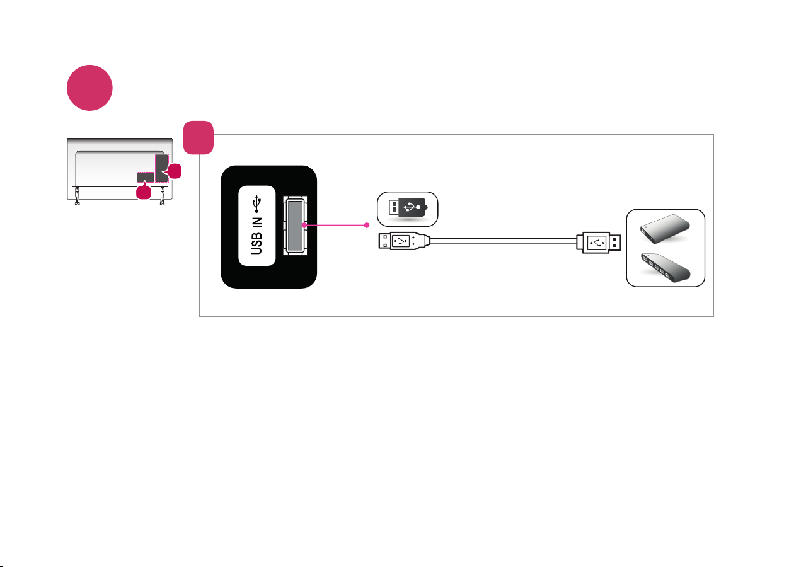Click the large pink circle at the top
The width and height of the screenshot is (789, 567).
click(89, 88)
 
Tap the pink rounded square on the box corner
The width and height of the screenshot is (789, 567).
click(199, 138)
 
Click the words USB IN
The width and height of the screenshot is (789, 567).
click(256, 236)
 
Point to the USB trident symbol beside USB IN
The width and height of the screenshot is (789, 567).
click(257, 204)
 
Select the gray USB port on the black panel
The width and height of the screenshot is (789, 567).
click(295, 226)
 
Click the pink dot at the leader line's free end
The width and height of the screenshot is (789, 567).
click(367, 225)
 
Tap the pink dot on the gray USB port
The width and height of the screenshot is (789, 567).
click(304, 225)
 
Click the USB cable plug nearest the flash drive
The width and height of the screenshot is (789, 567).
click(405, 241)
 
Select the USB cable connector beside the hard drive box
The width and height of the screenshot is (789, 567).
click(599, 243)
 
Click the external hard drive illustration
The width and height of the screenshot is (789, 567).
click(665, 229)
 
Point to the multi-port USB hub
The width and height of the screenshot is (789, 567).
click(665, 268)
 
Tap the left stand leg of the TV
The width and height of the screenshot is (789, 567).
click(77, 196)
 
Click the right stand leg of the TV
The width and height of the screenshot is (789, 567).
click(163, 196)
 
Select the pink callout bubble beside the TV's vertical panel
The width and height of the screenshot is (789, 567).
click(174, 171)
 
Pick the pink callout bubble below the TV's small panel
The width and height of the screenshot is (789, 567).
click(144, 192)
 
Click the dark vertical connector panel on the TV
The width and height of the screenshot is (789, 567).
click(162, 168)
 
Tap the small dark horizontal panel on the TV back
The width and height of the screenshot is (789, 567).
click(146, 177)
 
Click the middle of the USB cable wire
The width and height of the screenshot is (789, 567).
click(504, 241)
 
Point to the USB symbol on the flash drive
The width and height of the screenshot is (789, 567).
click(412, 207)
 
